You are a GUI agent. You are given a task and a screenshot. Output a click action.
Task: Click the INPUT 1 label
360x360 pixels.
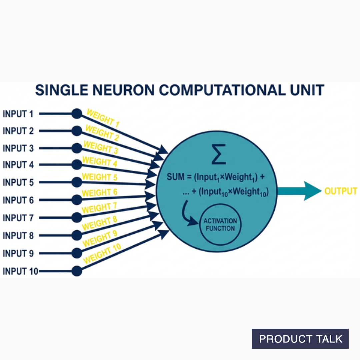coord(18,114)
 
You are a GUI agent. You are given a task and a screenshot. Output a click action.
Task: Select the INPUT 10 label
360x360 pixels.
coord(20,271)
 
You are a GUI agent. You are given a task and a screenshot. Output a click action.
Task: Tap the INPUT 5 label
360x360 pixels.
coord(18,183)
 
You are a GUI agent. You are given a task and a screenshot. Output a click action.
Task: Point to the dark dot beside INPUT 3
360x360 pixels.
coord(77,148)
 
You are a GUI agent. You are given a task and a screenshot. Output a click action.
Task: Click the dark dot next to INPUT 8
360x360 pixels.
coord(77,235)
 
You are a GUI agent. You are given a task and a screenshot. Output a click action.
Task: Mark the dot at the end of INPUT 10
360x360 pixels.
coord(77,271)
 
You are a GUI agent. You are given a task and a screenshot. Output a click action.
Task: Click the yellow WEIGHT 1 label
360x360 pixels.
coord(103,118)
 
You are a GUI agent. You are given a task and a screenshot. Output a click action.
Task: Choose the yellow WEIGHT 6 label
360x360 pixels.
coord(99,193)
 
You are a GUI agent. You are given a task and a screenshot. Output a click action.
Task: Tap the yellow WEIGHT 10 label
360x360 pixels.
coord(102,254)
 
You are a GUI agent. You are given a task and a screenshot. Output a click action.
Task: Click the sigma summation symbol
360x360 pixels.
coord(219,154)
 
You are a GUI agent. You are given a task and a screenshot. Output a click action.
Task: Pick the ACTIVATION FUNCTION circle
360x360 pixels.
coord(220,225)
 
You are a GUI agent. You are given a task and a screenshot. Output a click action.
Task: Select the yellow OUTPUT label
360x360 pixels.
coord(341,191)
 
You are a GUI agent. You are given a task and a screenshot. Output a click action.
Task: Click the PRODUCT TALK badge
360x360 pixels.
coord(300,339)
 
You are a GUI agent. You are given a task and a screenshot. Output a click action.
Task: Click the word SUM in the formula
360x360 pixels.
coord(175,177)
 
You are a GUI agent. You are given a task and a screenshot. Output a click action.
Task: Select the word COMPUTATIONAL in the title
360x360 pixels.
coord(217,90)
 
